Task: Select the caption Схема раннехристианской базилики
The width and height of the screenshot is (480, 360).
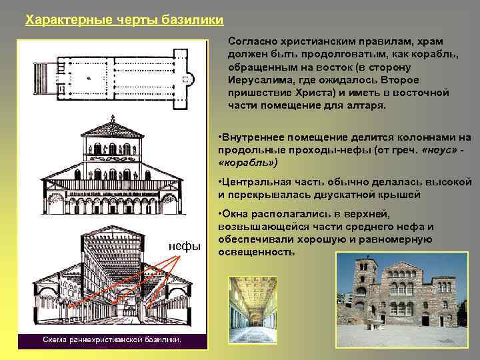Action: (111, 340)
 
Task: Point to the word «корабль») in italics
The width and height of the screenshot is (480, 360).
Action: (247, 162)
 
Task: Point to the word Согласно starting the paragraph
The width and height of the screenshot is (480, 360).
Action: (250, 41)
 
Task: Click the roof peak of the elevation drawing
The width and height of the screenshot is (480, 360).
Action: (112, 120)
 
